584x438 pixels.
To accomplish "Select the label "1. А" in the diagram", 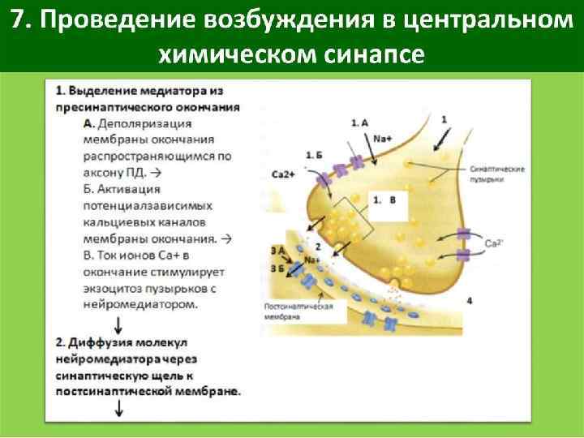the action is click(359, 122).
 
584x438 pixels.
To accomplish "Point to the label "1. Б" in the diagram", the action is click(316, 153).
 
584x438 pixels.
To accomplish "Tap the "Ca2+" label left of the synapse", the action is click(281, 174).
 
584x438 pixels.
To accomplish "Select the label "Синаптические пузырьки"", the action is click(496, 174).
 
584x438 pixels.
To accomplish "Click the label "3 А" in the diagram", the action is click(278, 250).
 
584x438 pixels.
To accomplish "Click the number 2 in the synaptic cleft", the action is click(318, 246).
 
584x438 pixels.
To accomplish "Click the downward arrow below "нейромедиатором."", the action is click(119, 324).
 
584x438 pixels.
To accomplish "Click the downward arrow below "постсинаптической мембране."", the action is click(119, 409).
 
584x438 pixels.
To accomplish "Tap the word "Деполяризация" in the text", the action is click(144, 123).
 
